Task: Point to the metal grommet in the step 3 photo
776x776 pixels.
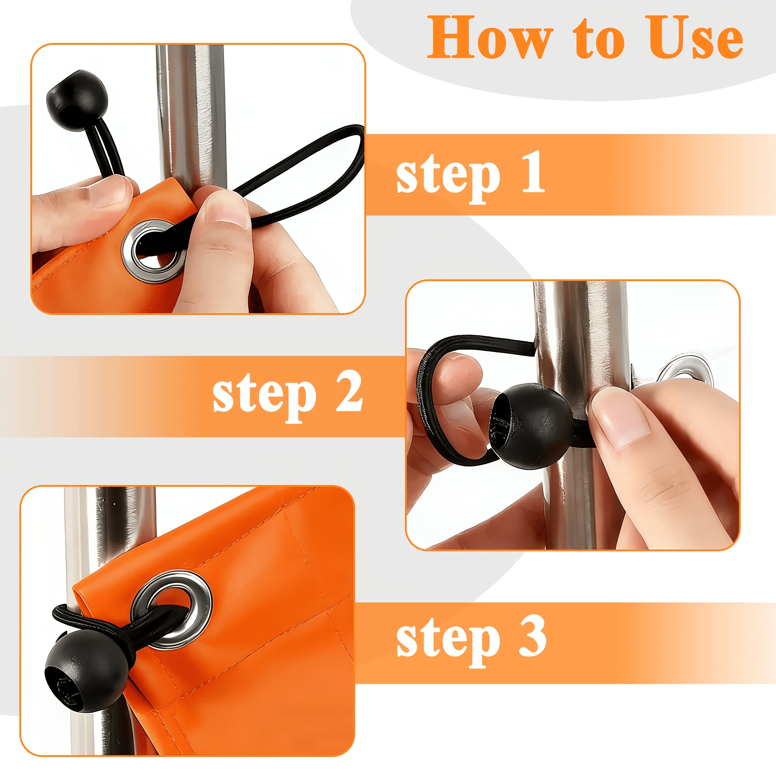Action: pyautogui.click(x=172, y=610)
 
